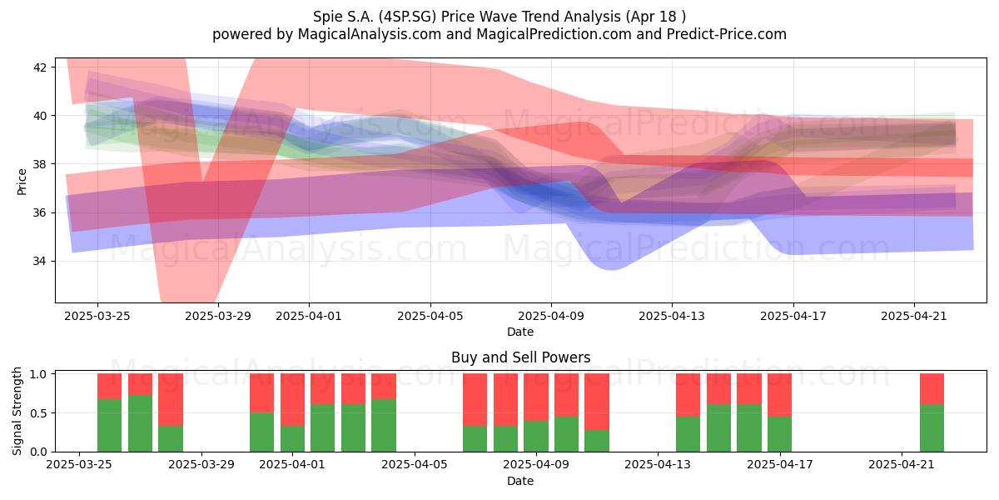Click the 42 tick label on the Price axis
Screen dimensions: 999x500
click(39, 67)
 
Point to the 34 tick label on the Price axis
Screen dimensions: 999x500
click(39, 261)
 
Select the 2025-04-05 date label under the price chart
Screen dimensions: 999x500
click(430, 316)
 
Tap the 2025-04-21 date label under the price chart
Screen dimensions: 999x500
click(914, 316)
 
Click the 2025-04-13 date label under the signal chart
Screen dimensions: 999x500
click(658, 465)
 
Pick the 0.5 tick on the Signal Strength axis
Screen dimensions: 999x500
click(39, 413)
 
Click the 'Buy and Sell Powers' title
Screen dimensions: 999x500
click(520, 357)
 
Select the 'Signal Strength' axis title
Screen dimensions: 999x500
click(17, 411)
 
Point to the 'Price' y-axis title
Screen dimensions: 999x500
click(22, 182)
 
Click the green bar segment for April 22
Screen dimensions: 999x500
click(932, 428)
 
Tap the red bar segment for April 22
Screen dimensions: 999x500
click(932, 389)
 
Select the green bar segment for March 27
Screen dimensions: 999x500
click(140, 423)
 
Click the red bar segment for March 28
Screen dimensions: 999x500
click(171, 399)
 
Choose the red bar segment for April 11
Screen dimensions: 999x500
click(597, 402)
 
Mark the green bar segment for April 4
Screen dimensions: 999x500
click(384, 426)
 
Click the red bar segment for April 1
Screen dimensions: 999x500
click(292, 399)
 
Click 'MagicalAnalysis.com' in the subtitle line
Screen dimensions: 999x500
click(370, 34)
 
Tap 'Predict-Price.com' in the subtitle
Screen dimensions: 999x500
click(727, 34)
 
